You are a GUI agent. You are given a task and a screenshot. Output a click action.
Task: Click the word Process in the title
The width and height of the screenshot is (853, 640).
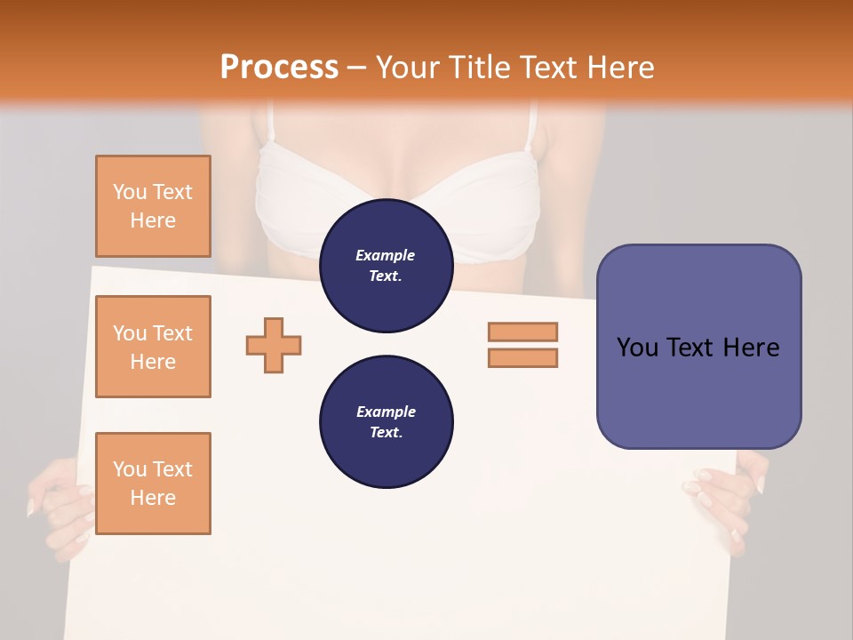[279, 68]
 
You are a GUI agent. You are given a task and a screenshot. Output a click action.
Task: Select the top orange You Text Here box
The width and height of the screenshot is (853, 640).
[153, 206]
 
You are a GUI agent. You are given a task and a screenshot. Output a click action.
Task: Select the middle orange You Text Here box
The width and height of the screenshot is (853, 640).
[153, 347]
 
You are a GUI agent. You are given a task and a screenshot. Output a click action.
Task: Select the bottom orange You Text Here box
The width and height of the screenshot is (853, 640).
[153, 484]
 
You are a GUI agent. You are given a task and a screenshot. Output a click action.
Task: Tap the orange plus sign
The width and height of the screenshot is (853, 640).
[274, 345]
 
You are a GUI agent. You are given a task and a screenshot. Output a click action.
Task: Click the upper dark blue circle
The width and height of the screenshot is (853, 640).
[386, 266]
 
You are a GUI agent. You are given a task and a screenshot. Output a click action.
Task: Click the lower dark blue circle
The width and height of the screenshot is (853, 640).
[386, 422]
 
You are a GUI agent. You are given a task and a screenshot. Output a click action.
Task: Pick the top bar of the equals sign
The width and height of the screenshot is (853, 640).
[522, 332]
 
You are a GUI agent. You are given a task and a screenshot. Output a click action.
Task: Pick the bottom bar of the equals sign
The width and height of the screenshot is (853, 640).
[522, 357]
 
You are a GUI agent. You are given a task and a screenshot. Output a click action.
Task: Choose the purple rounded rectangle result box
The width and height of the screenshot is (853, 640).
[698, 347]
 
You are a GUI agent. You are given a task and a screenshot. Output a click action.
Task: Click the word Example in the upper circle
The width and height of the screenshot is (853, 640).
[386, 255]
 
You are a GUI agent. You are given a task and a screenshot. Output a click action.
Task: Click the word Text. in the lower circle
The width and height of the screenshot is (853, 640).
[386, 433]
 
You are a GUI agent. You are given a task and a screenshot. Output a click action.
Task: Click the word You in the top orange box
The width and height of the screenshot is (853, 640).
[130, 192]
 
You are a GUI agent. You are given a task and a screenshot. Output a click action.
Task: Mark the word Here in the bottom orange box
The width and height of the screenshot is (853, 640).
[153, 498]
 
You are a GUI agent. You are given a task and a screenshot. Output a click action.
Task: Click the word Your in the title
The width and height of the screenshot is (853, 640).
[408, 68]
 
